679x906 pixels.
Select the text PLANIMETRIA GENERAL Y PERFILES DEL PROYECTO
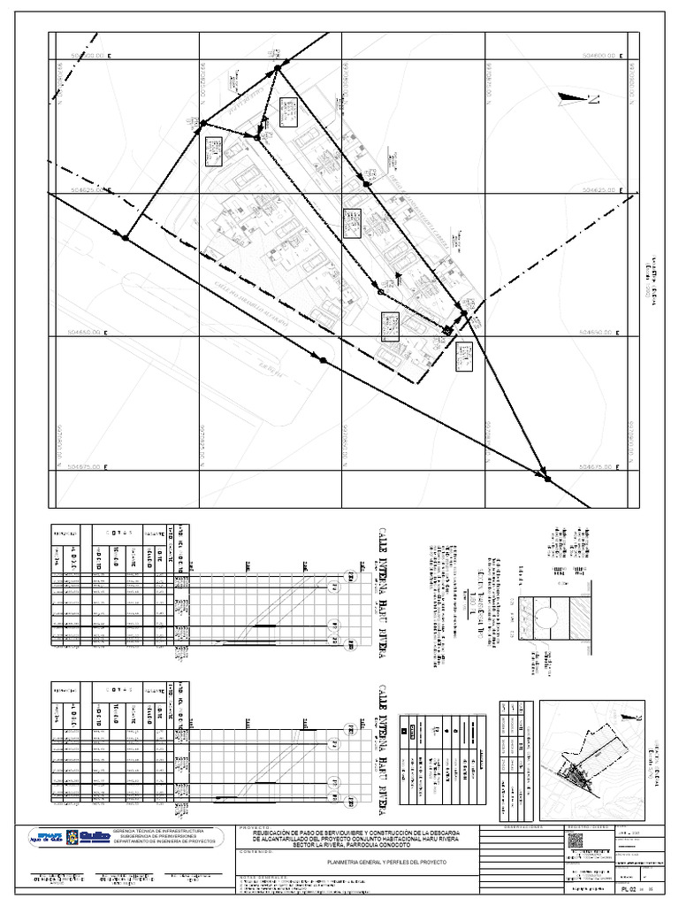[386, 862]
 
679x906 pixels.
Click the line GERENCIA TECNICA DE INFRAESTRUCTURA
[167, 833]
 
